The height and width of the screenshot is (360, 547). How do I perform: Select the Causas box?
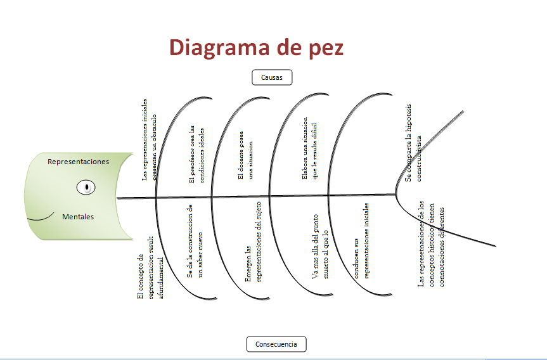(x=272, y=77)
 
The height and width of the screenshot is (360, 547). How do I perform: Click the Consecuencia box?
(x=276, y=344)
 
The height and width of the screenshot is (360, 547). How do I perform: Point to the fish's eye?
(x=86, y=188)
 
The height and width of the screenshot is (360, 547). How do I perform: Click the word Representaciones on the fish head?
(x=78, y=162)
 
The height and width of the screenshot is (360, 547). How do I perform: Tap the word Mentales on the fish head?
(x=78, y=217)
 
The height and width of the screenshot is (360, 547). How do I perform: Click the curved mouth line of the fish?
(x=41, y=218)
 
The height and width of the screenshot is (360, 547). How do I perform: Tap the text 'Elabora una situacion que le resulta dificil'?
(x=309, y=148)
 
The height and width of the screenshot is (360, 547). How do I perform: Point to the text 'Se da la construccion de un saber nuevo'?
(x=195, y=241)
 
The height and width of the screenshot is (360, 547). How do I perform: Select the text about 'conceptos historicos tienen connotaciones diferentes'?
(x=431, y=244)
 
